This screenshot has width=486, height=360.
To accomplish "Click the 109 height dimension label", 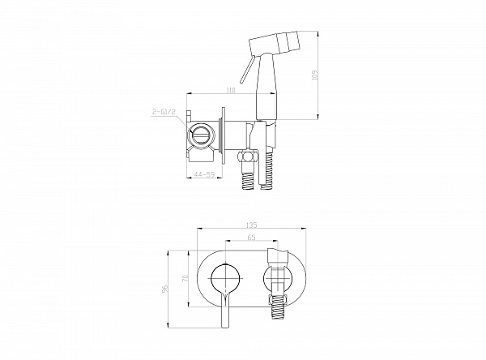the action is (x=315, y=75).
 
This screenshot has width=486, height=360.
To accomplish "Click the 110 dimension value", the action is (x=231, y=90).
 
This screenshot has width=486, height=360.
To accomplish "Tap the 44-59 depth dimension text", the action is (x=204, y=174).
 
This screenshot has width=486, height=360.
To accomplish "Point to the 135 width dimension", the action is (x=252, y=225).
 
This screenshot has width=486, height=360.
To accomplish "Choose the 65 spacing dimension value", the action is (x=252, y=238).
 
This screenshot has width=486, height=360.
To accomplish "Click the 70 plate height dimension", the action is (x=185, y=278).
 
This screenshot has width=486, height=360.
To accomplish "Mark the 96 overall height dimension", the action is (x=165, y=289).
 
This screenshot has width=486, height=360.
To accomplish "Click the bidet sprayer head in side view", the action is (x=274, y=42).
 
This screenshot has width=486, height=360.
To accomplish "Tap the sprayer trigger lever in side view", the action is (x=247, y=70).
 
